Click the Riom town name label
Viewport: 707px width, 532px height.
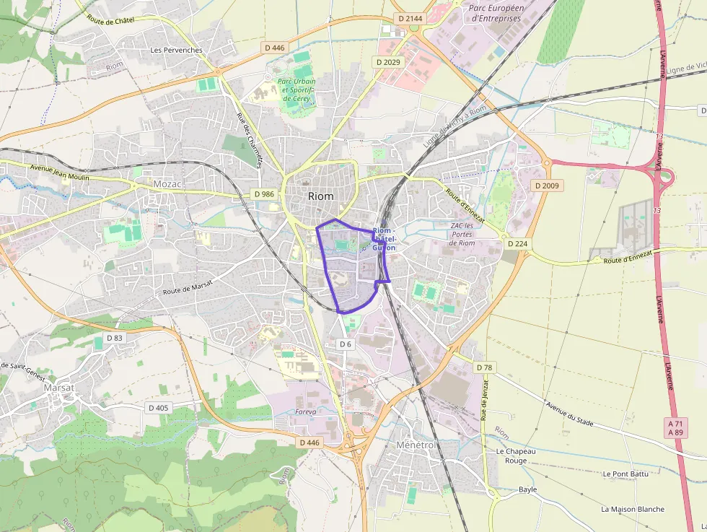click(x=320, y=196)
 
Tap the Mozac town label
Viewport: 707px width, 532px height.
click(x=167, y=184)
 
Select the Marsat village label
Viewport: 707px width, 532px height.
click(x=59, y=388)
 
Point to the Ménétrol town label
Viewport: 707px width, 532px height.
click(x=416, y=445)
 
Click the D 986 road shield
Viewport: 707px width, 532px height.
click(x=265, y=194)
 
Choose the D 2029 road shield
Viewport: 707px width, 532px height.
click(x=387, y=62)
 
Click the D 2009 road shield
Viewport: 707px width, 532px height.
click(x=546, y=186)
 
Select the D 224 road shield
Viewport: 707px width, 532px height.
click(x=517, y=243)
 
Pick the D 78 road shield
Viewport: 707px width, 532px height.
click(x=485, y=367)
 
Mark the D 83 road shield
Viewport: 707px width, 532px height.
click(x=115, y=337)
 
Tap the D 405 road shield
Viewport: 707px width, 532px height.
click(x=158, y=408)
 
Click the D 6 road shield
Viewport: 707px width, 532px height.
click(x=346, y=344)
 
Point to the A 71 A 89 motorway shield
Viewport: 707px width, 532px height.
click(x=675, y=427)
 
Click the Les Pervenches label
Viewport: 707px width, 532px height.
click(x=176, y=51)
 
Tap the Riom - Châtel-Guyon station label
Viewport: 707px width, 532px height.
click(x=384, y=239)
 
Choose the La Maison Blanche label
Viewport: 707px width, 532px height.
click(x=633, y=509)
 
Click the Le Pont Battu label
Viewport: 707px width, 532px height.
click(x=625, y=474)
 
